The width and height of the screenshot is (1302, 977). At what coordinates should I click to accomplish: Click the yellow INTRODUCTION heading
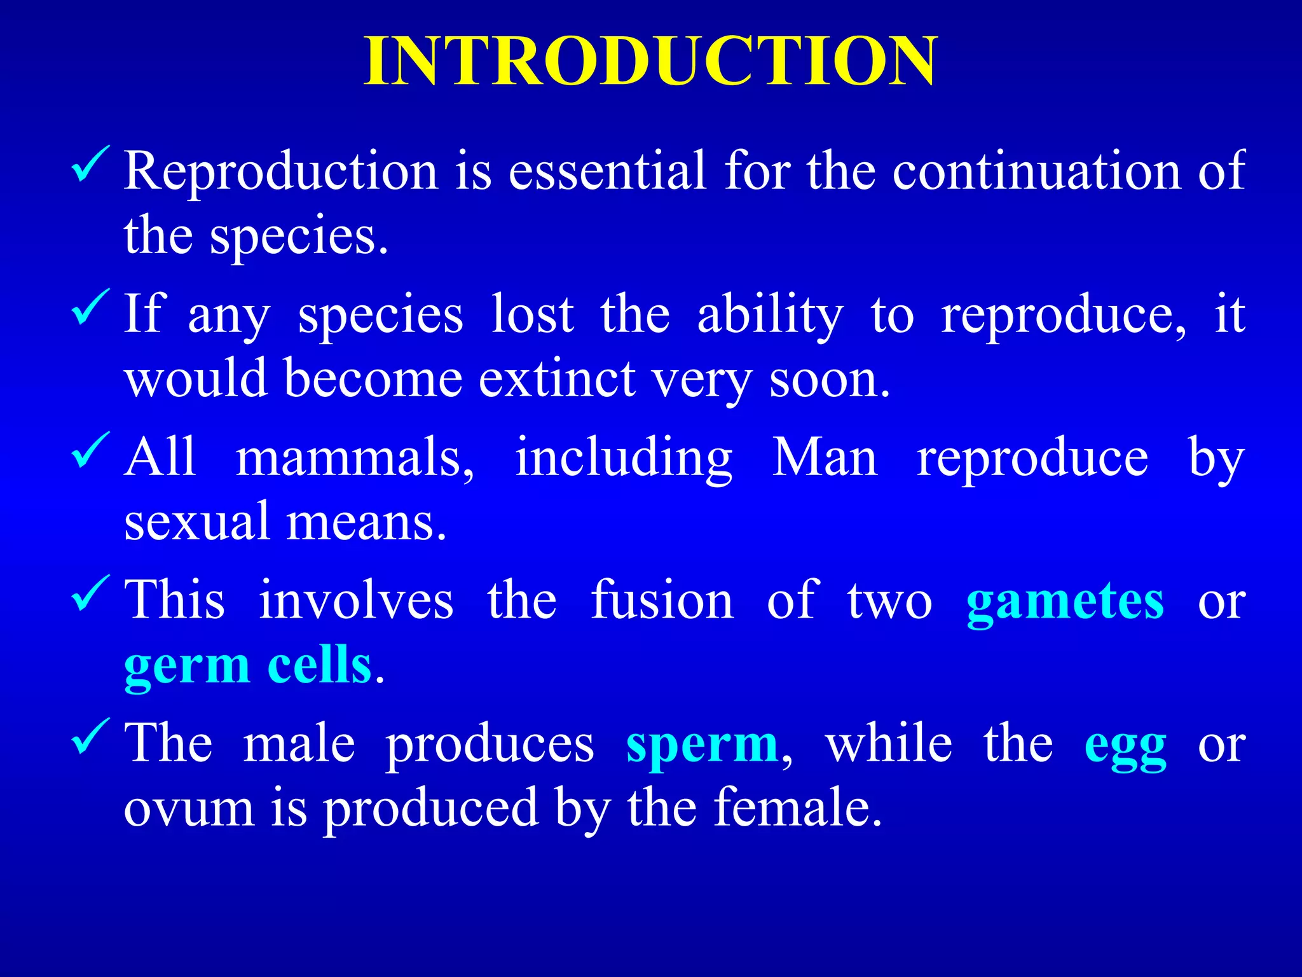[x=650, y=62]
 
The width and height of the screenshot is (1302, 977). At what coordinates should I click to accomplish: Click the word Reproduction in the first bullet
[x=281, y=170]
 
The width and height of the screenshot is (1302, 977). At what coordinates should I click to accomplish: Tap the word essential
[x=607, y=170]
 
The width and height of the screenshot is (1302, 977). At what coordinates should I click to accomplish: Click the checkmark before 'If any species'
[x=90, y=306]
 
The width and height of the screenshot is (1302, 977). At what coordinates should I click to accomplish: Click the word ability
[x=771, y=315]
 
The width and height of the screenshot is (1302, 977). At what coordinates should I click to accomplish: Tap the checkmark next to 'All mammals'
[x=90, y=449]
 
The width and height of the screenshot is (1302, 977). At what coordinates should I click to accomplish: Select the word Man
[x=824, y=457]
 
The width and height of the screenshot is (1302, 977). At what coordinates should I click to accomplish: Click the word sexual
[x=197, y=522]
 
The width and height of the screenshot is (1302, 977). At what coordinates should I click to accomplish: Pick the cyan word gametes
[x=1065, y=601]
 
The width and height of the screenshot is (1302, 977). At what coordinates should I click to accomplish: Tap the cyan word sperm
[x=702, y=744]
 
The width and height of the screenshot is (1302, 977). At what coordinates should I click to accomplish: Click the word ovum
[x=189, y=809]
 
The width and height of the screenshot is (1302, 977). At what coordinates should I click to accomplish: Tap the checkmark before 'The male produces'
[x=90, y=735]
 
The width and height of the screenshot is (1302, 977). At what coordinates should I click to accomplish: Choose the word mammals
[x=354, y=458]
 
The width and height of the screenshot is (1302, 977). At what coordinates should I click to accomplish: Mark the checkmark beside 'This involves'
[x=90, y=592]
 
